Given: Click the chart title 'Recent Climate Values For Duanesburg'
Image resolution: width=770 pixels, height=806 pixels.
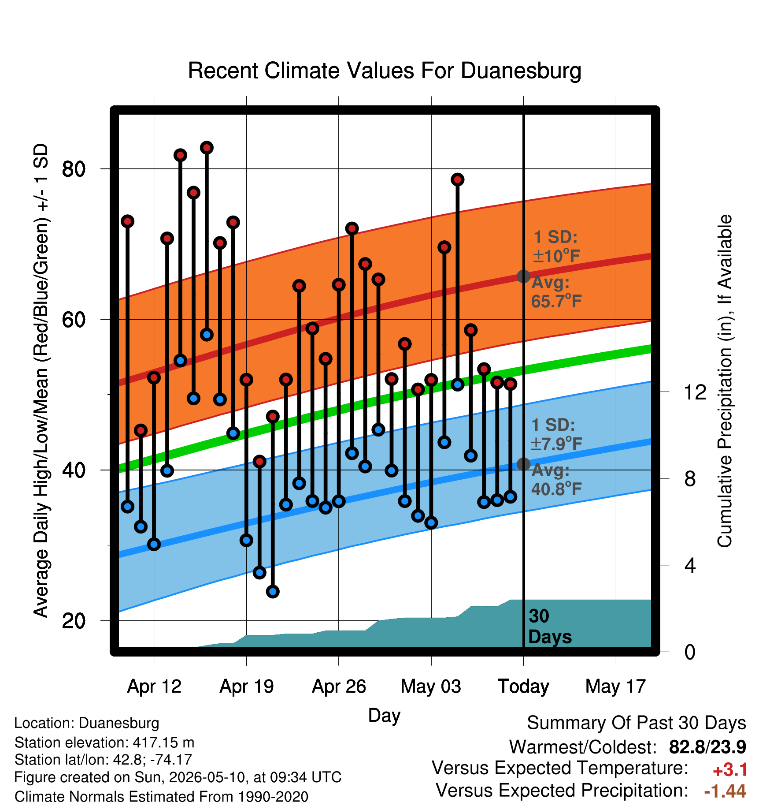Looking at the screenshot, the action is click(385, 71).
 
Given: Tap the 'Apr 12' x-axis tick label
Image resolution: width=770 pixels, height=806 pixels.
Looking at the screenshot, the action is click(154, 687).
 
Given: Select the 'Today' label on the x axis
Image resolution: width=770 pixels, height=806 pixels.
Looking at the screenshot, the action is click(523, 687).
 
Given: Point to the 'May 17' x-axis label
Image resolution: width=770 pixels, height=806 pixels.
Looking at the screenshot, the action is click(615, 687).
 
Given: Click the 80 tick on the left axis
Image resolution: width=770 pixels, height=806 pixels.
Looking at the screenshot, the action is click(74, 169).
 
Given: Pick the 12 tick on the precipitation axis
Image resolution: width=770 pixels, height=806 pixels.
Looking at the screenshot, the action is click(695, 392).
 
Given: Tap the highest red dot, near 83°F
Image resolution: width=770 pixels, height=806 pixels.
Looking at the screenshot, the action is click(207, 148).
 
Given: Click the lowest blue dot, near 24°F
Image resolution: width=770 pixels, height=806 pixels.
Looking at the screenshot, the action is click(273, 591).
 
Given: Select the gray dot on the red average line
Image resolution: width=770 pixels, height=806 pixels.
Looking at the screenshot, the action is click(523, 276).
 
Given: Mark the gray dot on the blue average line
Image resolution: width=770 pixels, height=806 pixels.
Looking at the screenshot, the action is click(523, 464).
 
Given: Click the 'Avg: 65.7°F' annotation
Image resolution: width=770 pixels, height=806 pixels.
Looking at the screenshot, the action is click(556, 292).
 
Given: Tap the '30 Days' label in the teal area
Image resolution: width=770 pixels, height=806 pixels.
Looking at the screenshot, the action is click(550, 627).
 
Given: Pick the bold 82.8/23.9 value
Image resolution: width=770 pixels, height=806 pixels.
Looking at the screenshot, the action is click(707, 747).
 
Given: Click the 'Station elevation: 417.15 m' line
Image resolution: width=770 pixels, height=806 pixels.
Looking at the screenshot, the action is click(104, 743).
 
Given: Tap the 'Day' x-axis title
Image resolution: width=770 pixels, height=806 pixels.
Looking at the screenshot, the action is click(384, 716).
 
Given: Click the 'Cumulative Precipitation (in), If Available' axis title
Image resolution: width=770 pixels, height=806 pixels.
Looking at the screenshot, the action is click(725, 381).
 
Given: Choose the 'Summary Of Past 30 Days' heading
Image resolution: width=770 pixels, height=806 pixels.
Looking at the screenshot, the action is click(637, 723).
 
